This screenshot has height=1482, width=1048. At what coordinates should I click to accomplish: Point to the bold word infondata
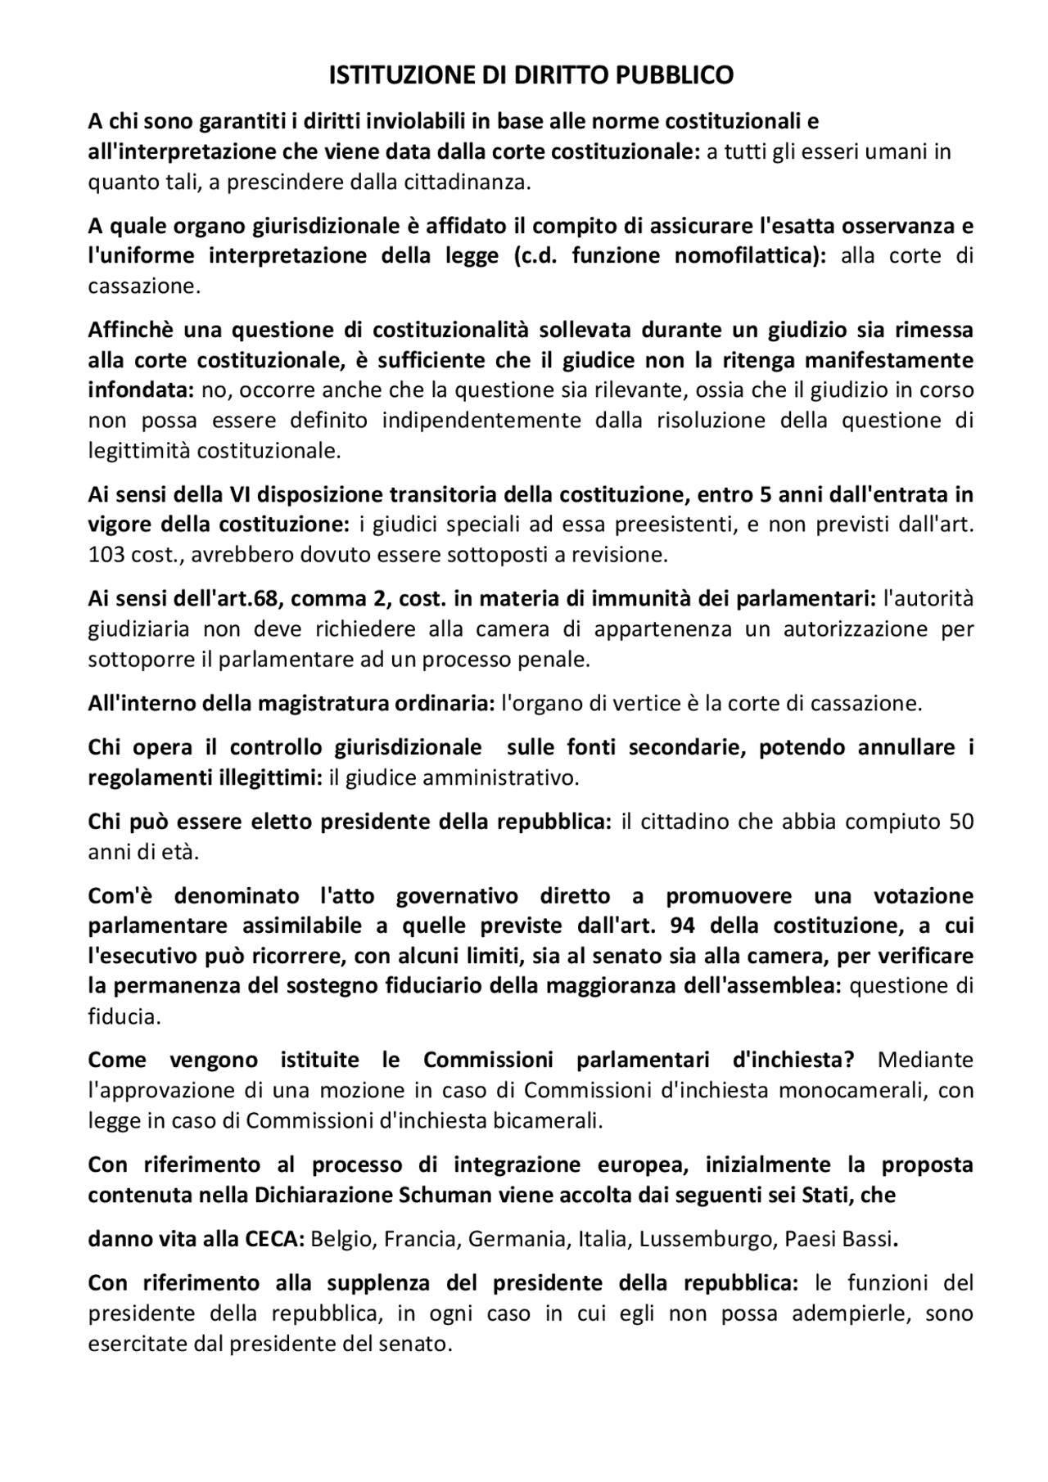[139, 390]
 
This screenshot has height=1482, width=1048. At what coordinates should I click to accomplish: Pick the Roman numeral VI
[234, 495]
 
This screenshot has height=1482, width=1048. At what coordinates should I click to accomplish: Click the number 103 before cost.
[107, 555]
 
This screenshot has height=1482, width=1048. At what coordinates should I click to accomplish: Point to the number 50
[961, 822]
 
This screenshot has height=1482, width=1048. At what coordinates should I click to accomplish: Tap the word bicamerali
[548, 1120]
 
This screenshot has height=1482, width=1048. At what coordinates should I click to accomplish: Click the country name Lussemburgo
[702, 1239]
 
